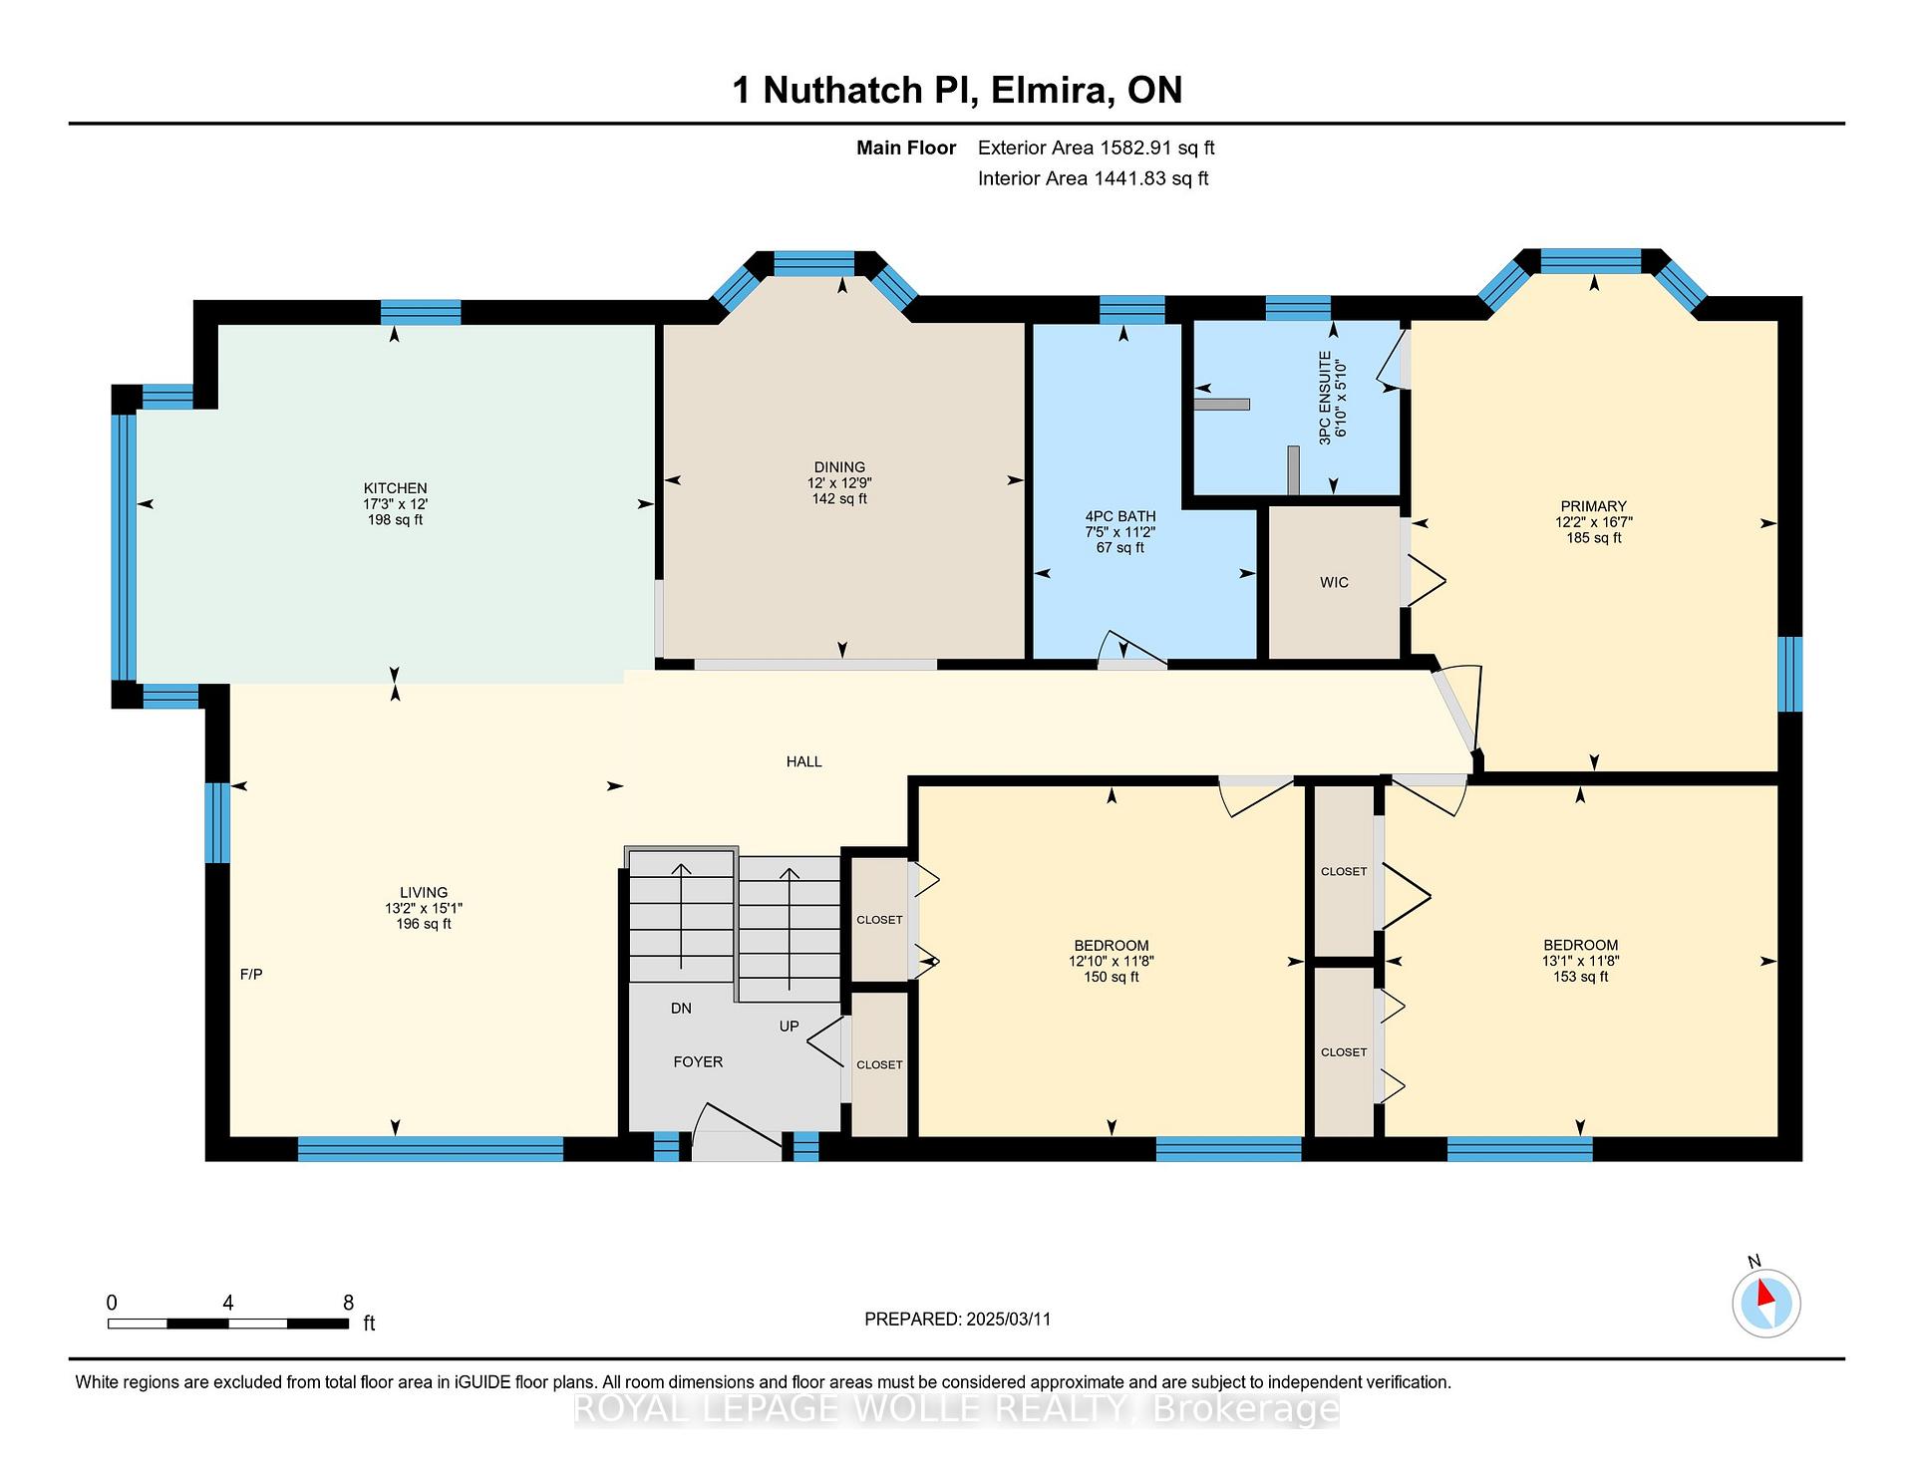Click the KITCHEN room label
click(395, 488)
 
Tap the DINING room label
click(839, 466)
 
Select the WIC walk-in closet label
click(1334, 582)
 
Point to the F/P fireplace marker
click(251, 974)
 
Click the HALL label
click(803, 761)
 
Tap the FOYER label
click(698, 1061)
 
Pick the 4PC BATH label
click(1120, 516)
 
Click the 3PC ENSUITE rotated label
click(1325, 398)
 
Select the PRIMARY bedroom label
click(1593, 506)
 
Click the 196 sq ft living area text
click(424, 924)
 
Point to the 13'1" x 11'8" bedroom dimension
click(1580, 961)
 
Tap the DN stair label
click(681, 1009)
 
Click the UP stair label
click(789, 1026)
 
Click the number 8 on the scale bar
click(348, 1302)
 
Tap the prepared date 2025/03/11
click(1009, 1319)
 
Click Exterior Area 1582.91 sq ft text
click(1097, 148)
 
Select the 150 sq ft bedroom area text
click(1111, 977)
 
